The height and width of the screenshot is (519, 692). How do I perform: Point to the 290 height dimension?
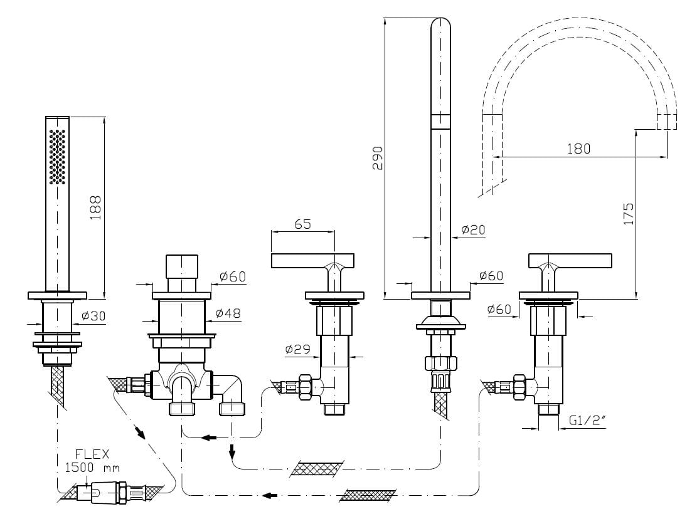point(377,157)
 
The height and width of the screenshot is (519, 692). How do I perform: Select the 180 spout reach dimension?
point(578,149)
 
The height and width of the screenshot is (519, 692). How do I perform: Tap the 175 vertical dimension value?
point(629,214)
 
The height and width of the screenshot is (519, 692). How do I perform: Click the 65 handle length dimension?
point(302,224)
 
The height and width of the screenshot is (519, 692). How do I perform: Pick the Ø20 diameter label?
point(473,230)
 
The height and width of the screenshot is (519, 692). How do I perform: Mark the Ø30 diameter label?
point(94,317)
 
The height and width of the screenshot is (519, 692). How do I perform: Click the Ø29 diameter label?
point(298,350)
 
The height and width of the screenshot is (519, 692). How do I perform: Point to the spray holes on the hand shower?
point(58,157)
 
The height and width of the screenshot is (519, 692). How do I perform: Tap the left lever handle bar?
point(312,259)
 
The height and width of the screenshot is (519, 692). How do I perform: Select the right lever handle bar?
point(570,259)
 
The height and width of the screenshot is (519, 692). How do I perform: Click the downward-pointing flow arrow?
point(232,450)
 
